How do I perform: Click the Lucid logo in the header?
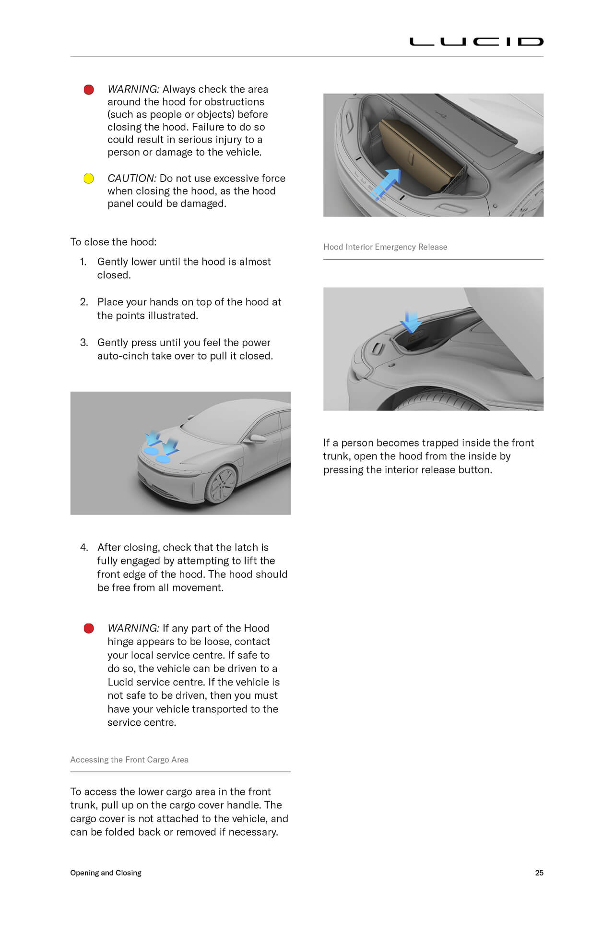click(476, 42)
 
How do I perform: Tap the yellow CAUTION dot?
click(89, 179)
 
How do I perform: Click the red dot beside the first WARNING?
click(89, 90)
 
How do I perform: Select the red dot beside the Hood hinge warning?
click(89, 628)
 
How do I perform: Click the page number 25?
click(539, 873)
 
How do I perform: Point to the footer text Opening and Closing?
click(106, 873)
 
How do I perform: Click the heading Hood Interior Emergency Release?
click(385, 247)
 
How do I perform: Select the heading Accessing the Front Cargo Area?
click(129, 759)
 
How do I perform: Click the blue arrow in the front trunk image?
click(388, 183)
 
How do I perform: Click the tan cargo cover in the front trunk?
click(417, 154)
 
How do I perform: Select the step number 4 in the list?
click(84, 547)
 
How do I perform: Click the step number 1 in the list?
click(83, 262)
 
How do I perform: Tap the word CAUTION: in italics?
click(131, 179)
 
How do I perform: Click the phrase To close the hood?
click(113, 242)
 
